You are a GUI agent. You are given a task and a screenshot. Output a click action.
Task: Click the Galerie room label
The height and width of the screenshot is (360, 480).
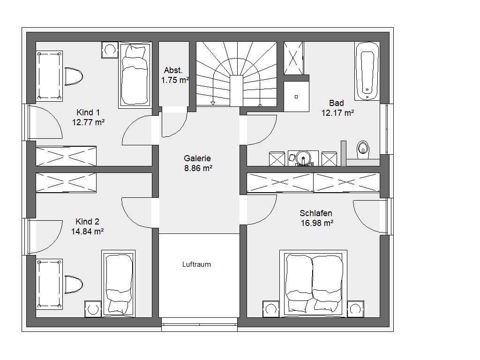(x=197, y=158)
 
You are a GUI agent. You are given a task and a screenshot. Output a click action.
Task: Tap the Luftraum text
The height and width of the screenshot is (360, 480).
(x=196, y=264)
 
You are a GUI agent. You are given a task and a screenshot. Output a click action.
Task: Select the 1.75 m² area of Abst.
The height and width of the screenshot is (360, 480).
(x=175, y=80)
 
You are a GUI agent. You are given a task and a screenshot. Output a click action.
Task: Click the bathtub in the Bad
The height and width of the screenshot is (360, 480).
(x=367, y=71)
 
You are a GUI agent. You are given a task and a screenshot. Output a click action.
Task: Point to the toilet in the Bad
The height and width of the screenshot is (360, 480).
(x=363, y=150)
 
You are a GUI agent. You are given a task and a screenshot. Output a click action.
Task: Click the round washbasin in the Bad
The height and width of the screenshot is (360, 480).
(x=303, y=158)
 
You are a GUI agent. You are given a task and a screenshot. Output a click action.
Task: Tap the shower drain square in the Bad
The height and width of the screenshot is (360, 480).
(x=296, y=97)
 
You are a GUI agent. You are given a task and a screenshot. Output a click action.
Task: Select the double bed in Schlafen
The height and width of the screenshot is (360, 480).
(x=313, y=284)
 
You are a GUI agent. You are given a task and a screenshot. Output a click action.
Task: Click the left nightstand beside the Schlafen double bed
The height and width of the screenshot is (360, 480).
(x=271, y=309)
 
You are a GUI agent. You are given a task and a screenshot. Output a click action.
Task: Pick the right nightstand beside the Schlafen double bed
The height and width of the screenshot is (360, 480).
(x=355, y=309)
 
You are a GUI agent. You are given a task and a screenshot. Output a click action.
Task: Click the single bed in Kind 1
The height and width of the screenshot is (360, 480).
(x=135, y=75)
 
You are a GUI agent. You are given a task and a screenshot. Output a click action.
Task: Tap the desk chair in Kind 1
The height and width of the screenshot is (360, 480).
(x=74, y=76)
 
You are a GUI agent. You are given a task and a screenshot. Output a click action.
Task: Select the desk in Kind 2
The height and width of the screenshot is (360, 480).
(x=49, y=284)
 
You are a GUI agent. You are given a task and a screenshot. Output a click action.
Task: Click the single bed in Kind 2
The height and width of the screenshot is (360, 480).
(x=118, y=284)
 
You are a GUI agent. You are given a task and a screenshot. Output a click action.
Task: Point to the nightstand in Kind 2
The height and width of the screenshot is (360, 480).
(x=93, y=309)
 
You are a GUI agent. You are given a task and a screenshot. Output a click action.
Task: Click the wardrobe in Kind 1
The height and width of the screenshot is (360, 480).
(x=66, y=156)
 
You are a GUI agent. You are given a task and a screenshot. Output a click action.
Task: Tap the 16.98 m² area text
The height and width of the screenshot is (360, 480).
(x=317, y=223)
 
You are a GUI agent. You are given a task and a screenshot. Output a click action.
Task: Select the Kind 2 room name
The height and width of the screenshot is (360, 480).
(x=87, y=222)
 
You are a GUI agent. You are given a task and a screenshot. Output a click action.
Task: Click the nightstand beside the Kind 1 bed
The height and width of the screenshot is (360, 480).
(x=110, y=50)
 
